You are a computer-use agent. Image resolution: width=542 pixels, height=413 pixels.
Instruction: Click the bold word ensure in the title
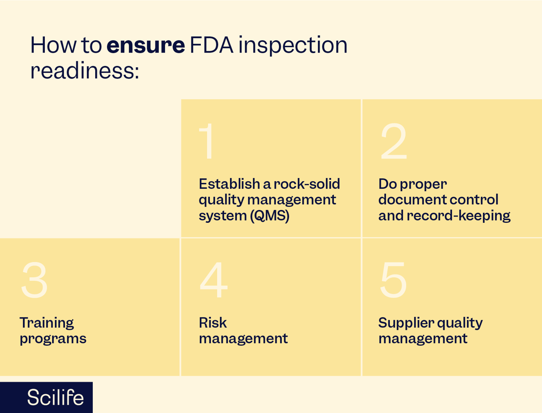(x=145, y=45)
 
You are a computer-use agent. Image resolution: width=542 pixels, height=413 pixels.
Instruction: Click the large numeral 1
(x=207, y=142)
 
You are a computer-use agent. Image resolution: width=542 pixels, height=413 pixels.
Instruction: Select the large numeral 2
(x=393, y=142)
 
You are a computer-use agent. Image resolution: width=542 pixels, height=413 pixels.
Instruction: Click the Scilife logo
(x=55, y=397)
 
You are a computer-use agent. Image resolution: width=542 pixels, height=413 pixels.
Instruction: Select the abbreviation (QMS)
(x=270, y=215)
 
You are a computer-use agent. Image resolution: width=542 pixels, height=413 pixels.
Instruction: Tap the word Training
(x=47, y=323)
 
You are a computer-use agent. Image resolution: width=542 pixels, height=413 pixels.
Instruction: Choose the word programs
(x=53, y=339)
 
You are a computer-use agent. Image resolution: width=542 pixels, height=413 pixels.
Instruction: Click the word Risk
(x=213, y=323)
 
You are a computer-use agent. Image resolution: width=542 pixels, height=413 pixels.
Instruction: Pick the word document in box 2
(x=407, y=200)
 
